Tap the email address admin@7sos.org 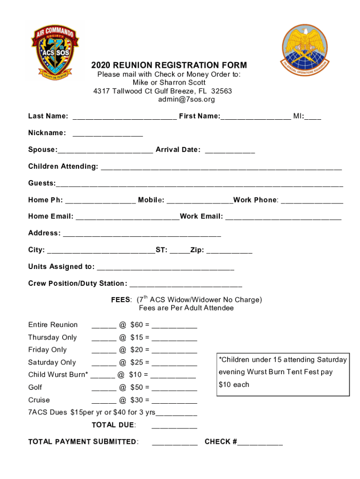[187, 100]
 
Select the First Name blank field [255, 117]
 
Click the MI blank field [313, 117]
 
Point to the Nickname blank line [108, 134]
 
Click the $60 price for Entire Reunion [136, 325]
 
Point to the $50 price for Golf [136, 388]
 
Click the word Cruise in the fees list [39, 400]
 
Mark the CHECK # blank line [260, 443]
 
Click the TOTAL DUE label [114, 425]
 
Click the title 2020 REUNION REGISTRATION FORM [169, 65]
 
